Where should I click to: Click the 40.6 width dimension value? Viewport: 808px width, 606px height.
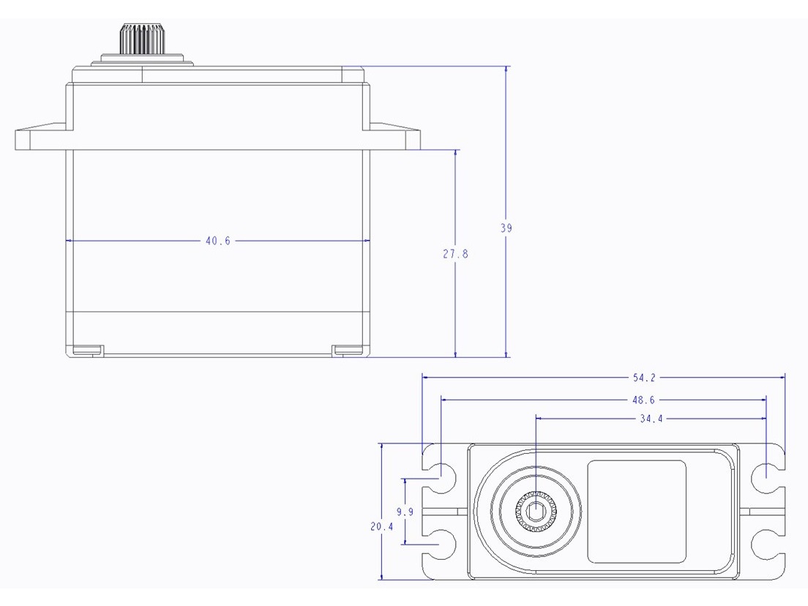217,241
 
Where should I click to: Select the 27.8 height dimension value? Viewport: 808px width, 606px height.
455,254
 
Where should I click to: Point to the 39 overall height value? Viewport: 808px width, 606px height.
506,228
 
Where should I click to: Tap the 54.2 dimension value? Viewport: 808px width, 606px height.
644,378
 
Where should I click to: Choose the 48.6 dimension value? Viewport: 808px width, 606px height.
644,400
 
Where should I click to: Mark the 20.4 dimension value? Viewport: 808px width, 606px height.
382,525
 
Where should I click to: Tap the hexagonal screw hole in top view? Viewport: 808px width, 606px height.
536,510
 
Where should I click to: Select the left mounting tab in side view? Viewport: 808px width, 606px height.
41,138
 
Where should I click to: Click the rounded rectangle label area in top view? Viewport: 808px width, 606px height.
637,511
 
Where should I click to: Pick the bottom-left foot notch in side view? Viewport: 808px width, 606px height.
88,350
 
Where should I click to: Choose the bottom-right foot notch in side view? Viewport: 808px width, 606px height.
348,350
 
